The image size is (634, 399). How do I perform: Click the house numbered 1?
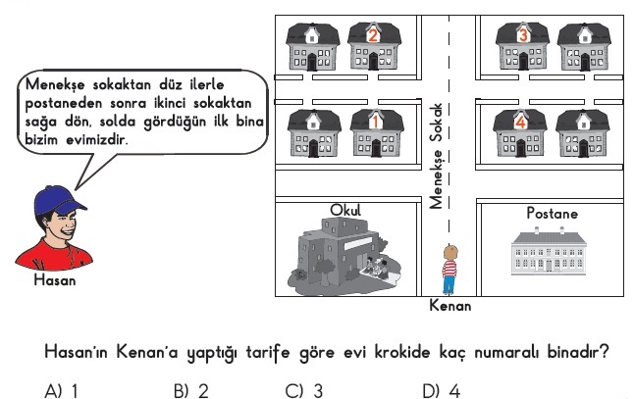pyautogui.click(x=377, y=133)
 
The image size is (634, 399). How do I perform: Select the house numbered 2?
pyautogui.click(x=374, y=46)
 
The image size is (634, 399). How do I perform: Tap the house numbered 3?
pyautogui.click(x=523, y=46)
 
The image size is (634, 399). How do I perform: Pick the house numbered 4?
pyautogui.click(x=520, y=133)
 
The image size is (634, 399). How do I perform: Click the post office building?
pyautogui.click(x=549, y=251)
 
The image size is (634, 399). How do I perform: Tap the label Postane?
pyautogui.click(x=552, y=214)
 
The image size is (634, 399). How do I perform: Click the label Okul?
pyautogui.click(x=345, y=210)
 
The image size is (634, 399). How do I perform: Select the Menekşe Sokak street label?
pyautogui.click(x=436, y=156)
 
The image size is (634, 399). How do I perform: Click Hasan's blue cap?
pyautogui.click(x=59, y=201)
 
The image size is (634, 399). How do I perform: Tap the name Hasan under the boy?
pyautogui.click(x=55, y=280)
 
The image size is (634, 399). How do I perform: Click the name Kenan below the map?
pyautogui.click(x=450, y=306)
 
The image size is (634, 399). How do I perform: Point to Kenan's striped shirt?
pyautogui.click(x=449, y=269)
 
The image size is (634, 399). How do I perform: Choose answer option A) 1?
pyautogui.click(x=62, y=391)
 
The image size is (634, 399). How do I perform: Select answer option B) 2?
pyautogui.click(x=190, y=391)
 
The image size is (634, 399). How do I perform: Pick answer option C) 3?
pyautogui.click(x=304, y=391)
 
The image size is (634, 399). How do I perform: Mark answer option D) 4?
pyautogui.click(x=441, y=391)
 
